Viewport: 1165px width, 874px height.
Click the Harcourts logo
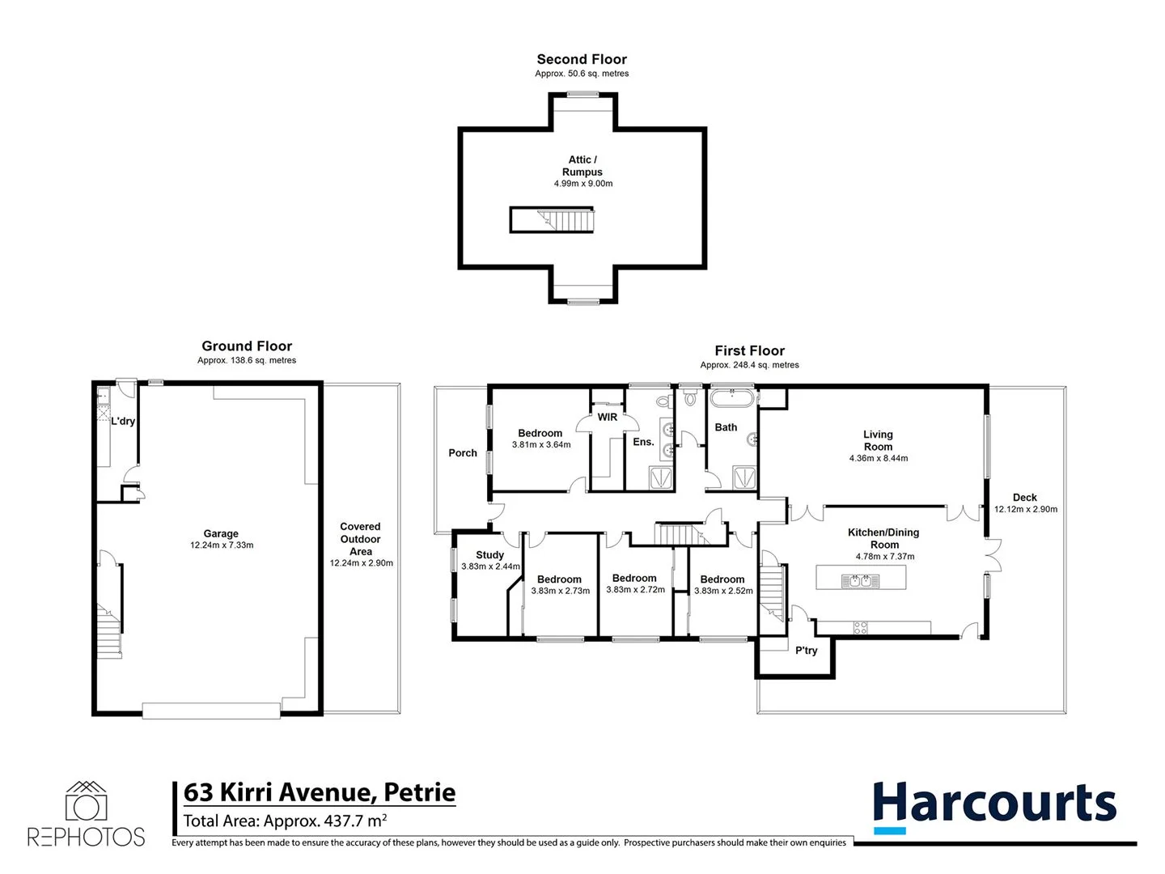coord(994,806)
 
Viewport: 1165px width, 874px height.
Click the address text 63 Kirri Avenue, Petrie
coord(320,791)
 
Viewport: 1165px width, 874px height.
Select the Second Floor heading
coord(582,59)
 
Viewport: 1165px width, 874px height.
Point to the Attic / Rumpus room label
coord(582,166)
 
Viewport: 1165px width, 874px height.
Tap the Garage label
coord(221,533)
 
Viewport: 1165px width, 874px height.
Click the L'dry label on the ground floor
coord(123,421)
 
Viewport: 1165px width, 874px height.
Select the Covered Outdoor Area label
coord(360,539)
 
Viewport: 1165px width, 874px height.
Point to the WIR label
coord(608,417)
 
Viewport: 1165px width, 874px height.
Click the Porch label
coord(463,452)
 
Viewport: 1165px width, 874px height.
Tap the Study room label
coord(489,554)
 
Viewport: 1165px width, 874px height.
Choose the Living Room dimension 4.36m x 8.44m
coord(878,458)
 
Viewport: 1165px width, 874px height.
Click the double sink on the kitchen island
coord(860,580)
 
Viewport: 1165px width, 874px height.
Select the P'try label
coord(806,650)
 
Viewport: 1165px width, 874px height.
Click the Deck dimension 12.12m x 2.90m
coord(1025,509)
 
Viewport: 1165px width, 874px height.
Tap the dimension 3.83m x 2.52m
coord(723,591)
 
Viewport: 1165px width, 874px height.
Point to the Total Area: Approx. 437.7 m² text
coord(285,821)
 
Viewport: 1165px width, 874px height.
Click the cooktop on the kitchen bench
coord(860,627)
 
